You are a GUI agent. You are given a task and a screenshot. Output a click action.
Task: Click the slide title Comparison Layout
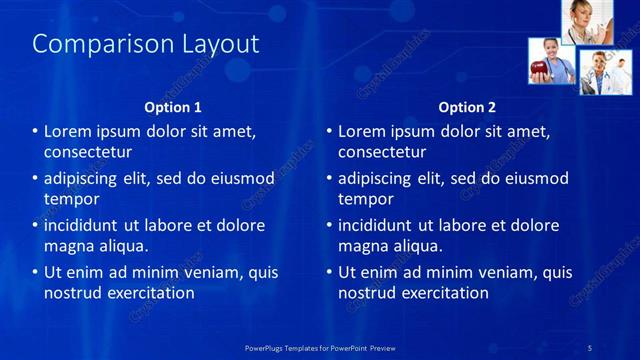(x=146, y=44)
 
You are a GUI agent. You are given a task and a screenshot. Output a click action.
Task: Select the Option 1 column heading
(x=173, y=107)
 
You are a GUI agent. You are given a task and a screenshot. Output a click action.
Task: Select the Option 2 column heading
(x=467, y=107)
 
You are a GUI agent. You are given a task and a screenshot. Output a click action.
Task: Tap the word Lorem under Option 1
(x=68, y=131)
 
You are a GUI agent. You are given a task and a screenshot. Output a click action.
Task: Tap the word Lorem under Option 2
(x=362, y=131)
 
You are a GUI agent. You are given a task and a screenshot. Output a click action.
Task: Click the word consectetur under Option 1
(x=88, y=152)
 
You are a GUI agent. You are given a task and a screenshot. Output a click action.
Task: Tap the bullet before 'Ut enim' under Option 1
(x=36, y=272)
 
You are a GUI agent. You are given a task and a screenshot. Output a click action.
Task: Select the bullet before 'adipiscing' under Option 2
(x=330, y=179)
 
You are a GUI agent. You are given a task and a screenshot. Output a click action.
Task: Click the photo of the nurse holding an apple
(x=550, y=61)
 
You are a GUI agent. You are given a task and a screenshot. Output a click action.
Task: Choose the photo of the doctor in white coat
(x=604, y=72)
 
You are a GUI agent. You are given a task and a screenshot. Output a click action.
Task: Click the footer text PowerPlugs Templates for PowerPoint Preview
(x=320, y=347)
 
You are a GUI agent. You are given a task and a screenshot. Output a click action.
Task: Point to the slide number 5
(x=590, y=347)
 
